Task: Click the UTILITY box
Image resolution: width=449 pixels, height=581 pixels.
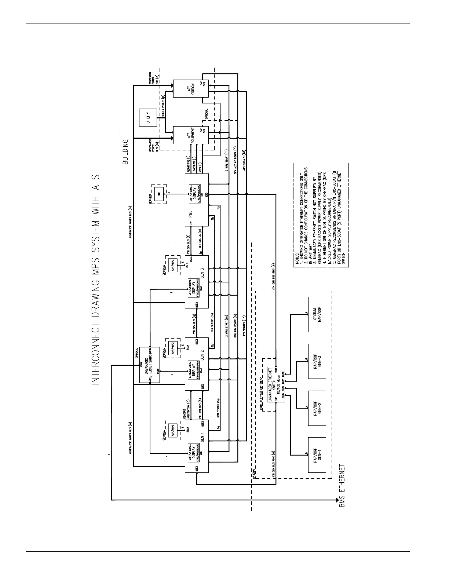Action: coord(149,118)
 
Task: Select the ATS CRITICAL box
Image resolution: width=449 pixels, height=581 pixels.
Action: coord(190,88)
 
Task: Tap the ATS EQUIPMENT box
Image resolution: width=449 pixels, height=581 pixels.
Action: coord(190,135)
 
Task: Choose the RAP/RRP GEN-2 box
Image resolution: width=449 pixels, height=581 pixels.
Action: coord(317,408)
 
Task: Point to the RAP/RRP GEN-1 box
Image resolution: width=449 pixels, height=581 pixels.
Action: coord(317,455)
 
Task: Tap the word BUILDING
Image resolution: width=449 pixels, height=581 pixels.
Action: coord(125,151)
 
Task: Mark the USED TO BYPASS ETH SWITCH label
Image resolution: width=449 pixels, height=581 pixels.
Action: coord(261,393)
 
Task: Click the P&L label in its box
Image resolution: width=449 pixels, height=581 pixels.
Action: coord(191,214)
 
